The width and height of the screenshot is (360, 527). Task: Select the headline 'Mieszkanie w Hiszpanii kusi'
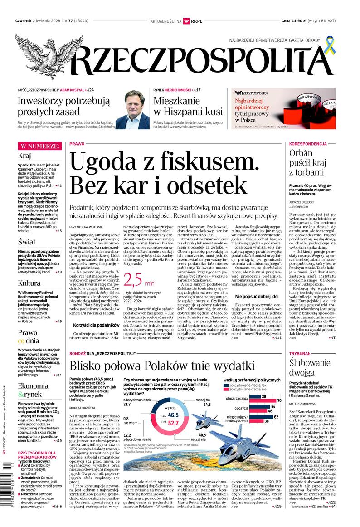188,106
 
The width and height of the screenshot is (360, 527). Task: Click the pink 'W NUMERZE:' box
39,146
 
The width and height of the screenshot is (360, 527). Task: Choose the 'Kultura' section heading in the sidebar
29,283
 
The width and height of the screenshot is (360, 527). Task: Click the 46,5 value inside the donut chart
172,415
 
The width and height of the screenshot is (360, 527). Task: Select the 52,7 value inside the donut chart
172,424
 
